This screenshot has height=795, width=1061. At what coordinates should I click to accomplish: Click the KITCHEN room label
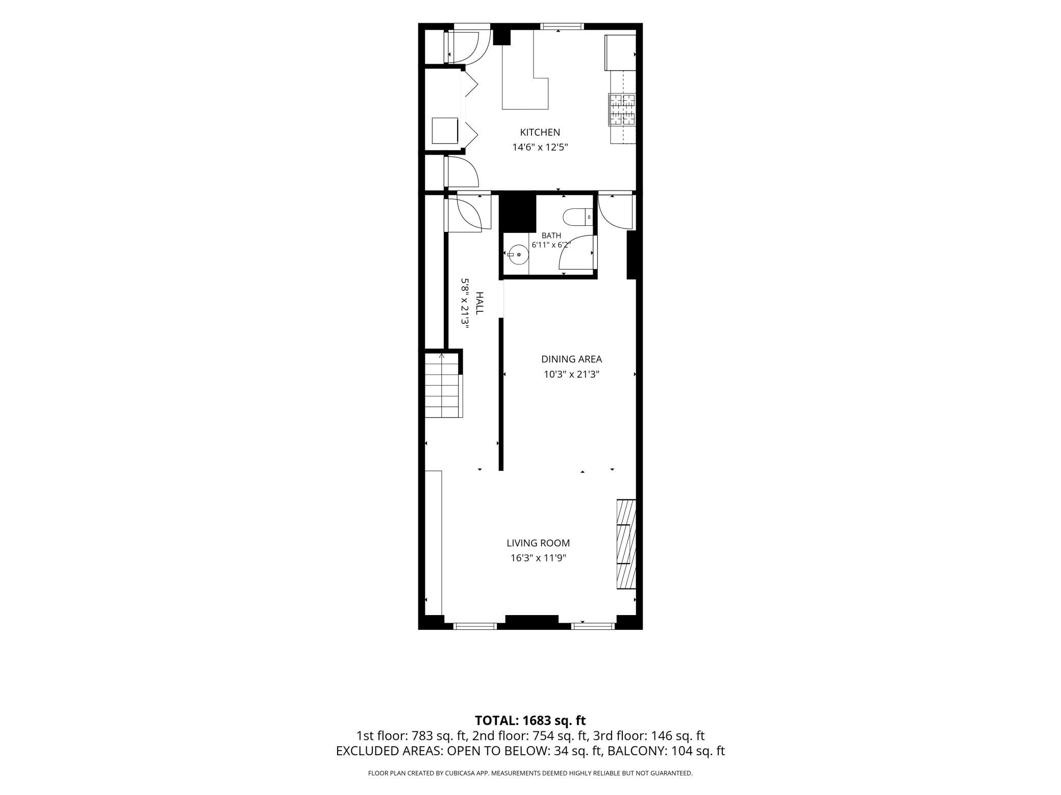coord(540,132)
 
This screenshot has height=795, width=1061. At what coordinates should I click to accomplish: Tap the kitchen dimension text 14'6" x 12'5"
coord(540,148)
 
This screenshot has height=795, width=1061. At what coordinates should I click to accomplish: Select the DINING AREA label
coord(571,359)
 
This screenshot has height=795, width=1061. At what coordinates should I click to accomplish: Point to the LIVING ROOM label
coord(538,543)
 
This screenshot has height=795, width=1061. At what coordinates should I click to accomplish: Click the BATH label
coord(551,235)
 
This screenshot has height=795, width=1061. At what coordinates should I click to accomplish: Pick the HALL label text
coord(479,303)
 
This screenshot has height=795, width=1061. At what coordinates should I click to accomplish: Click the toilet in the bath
coord(578,217)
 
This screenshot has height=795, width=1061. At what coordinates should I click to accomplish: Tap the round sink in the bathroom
coord(518,254)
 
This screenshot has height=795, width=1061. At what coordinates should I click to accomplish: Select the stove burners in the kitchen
coord(622,110)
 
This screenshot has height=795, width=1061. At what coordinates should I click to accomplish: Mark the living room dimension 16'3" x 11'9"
coord(538,558)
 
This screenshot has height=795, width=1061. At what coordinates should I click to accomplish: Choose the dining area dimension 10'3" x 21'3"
coord(571,375)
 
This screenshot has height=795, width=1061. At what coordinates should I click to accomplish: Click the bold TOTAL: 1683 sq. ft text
coord(530,721)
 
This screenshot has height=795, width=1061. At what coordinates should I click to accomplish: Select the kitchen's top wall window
coord(562,26)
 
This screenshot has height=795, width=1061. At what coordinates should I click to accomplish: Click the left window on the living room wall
coord(475,626)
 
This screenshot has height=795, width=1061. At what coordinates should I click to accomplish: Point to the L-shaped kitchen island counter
coord(525,76)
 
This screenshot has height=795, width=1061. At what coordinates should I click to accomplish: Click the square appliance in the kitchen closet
coord(445,130)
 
